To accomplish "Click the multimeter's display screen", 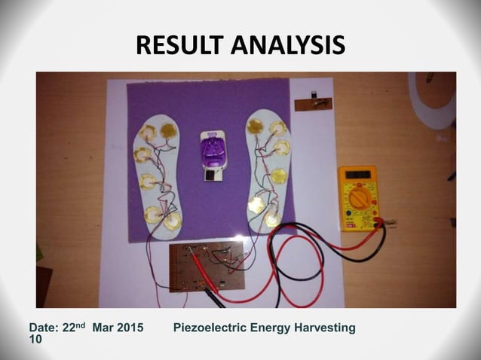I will (356, 175).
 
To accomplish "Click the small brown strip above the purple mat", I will (313, 102).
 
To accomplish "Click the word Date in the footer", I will (42, 329).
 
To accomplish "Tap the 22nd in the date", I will (72, 328).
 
